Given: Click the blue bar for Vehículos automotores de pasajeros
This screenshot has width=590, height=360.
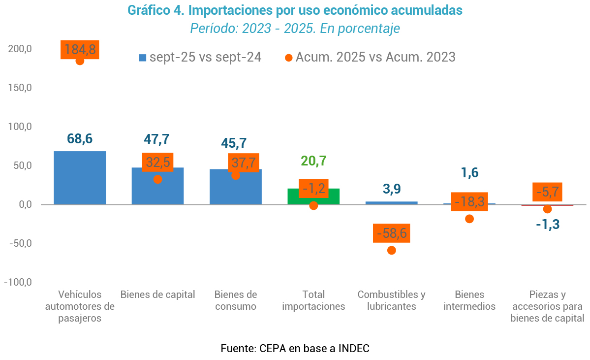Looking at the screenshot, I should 80,178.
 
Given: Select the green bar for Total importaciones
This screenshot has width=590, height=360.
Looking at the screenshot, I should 313,196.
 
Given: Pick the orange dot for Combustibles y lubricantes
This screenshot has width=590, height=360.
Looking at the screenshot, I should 392,250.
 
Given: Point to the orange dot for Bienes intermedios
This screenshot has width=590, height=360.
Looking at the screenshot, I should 469,219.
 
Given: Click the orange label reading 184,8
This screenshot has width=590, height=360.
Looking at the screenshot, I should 80,49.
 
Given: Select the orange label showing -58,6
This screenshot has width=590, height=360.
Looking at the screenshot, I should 392,233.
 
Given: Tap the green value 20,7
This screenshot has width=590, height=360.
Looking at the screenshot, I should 313,161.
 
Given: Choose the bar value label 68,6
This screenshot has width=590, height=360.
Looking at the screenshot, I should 80,139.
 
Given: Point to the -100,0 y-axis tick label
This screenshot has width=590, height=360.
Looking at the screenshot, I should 18,282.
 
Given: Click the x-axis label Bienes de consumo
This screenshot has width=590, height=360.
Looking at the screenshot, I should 236,300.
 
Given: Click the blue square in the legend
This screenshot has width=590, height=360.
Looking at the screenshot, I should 143,58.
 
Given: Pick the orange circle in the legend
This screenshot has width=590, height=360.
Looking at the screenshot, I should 289,58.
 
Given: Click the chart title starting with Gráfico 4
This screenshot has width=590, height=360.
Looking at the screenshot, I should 295,10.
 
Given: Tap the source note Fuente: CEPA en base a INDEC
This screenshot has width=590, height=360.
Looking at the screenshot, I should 295,349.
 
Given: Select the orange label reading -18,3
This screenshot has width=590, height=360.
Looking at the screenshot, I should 469,201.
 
